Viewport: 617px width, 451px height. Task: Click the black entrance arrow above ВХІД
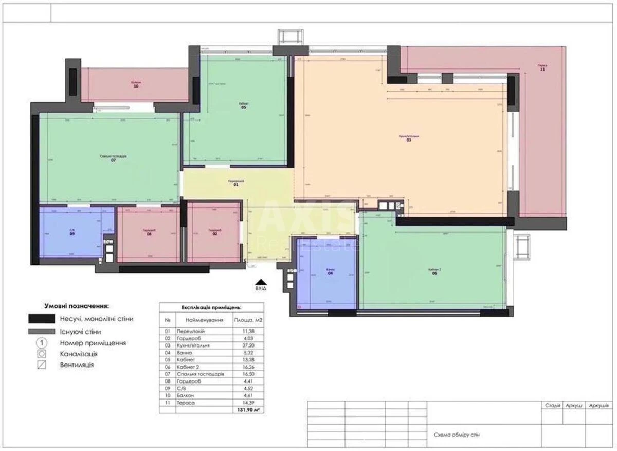[x=261, y=281]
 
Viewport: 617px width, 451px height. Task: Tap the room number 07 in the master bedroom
[x=113, y=160]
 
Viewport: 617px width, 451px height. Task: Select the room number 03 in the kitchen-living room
[x=409, y=140]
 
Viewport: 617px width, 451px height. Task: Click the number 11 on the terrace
[x=542, y=70]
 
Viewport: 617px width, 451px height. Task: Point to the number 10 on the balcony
[x=136, y=86]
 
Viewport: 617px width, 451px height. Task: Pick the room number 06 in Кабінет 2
[x=434, y=274]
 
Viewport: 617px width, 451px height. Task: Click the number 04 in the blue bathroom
[x=331, y=274]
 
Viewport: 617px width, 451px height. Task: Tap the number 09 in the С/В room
[x=72, y=234]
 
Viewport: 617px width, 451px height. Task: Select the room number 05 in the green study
[x=244, y=107]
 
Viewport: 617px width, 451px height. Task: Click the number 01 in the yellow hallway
[x=236, y=185]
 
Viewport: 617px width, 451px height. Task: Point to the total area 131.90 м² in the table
[x=249, y=411]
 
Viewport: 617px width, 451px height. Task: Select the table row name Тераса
[x=185, y=402]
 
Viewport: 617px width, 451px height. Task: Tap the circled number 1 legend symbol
[x=42, y=342]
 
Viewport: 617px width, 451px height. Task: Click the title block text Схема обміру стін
[x=457, y=435]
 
